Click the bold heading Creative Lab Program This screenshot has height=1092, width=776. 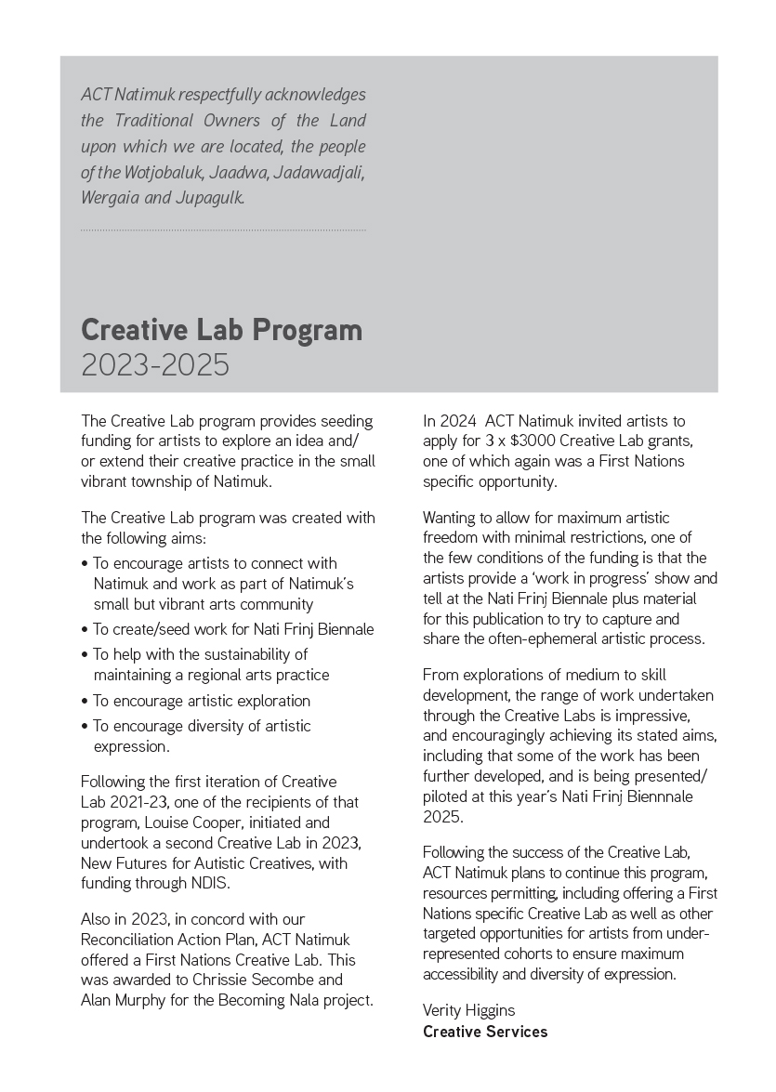tap(221, 330)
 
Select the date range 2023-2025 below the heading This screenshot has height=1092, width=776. tap(154, 365)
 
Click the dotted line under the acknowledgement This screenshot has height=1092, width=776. tap(223, 230)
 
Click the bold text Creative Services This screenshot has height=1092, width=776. tap(485, 1032)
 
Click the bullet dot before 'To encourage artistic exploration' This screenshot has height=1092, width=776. tap(85, 702)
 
